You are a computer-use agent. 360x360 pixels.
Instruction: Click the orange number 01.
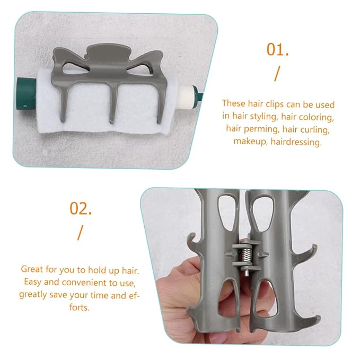277,50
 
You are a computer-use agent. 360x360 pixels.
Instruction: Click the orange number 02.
81,208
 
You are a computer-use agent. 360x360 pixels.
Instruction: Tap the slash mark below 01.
277,74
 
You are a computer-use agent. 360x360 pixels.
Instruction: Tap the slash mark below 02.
80,233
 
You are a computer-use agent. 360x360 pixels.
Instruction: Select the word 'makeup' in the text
250,141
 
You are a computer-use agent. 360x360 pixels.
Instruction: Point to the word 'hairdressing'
296,142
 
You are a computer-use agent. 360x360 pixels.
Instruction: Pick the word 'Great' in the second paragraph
32,269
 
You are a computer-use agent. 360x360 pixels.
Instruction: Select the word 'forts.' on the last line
79,307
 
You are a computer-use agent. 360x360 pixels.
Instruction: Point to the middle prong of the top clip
113,103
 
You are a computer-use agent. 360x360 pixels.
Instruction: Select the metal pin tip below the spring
246,273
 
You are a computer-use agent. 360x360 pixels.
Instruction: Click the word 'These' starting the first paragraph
233,103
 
